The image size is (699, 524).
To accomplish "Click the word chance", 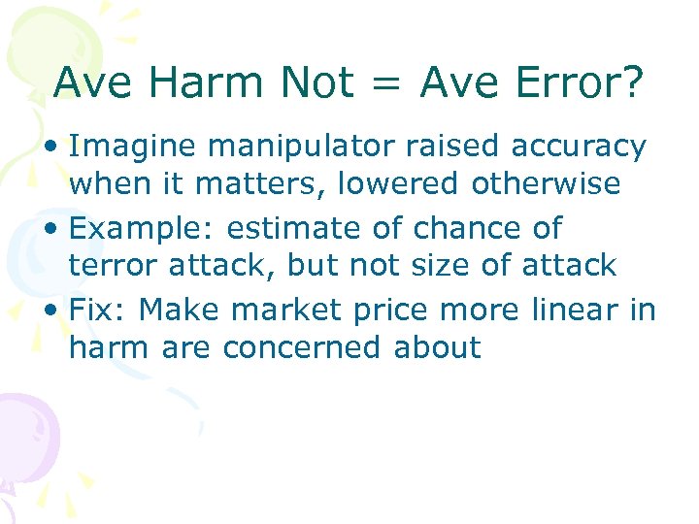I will [x=469, y=229].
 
